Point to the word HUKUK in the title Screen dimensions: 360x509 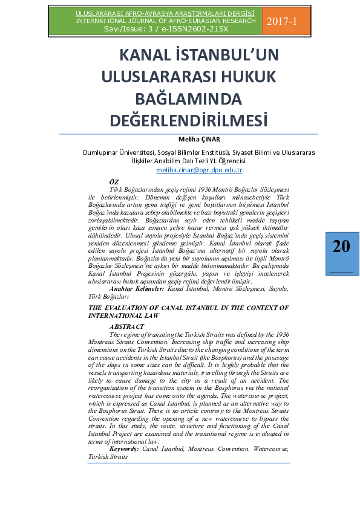click(x=247, y=76)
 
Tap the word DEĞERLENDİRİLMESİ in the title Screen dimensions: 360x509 click(x=188, y=120)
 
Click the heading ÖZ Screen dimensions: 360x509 click(x=113, y=182)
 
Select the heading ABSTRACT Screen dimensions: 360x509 click(x=126, y=326)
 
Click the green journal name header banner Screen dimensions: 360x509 click(x=165, y=21)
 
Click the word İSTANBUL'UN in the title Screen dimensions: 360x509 click(x=227, y=55)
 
